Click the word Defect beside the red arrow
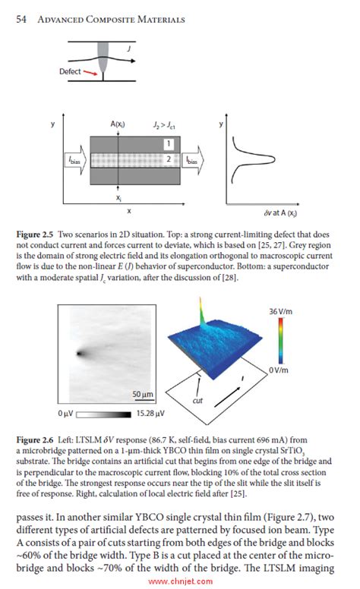pyautogui.click(x=71, y=71)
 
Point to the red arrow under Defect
pyautogui.click(x=94, y=74)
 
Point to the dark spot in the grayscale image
pyautogui.click(x=79, y=352)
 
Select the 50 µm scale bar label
pyautogui.click(x=143, y=395)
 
